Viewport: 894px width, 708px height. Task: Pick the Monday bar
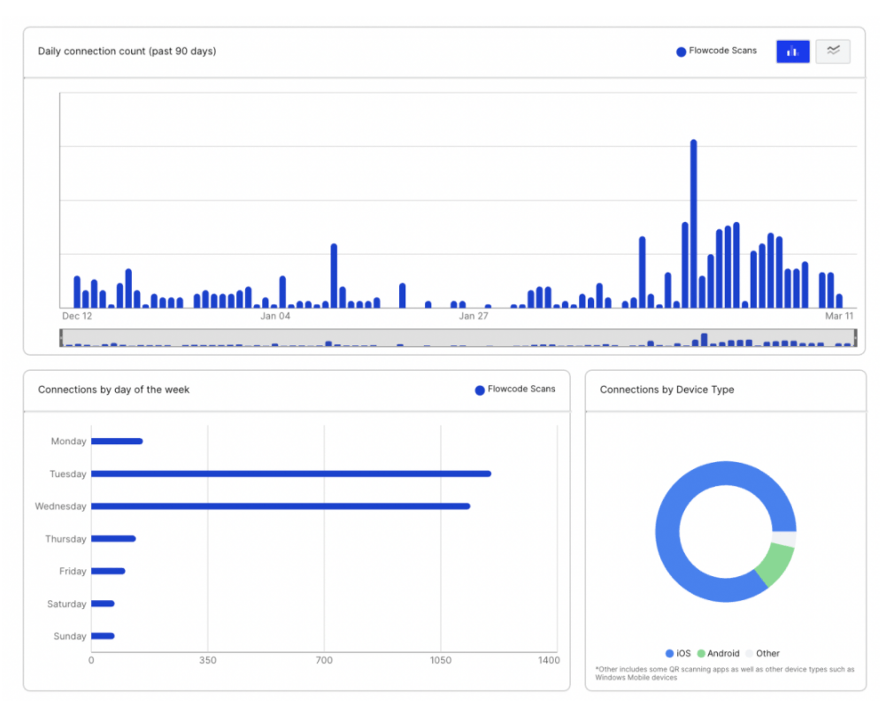pos(116,441)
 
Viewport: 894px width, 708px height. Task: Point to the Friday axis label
pos(73,572)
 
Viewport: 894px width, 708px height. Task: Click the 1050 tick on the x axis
pos(441,660)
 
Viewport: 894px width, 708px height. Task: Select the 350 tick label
pos(208,660)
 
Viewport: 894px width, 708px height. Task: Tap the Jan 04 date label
pos(275,316)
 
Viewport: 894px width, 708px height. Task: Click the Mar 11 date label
pos(839,316)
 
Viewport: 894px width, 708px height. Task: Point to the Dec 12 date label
pos(77,316)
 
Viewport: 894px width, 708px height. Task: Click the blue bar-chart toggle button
pos(792,51)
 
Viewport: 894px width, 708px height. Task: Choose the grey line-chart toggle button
pos(833,51)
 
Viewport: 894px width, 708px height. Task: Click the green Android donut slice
pos(775,565)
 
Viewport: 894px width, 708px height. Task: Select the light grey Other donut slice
pos(784,538)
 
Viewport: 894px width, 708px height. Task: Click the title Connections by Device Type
pos(667,389)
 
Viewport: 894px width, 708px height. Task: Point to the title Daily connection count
pos(127,51)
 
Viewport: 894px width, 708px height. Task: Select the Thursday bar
pos(112,538)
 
